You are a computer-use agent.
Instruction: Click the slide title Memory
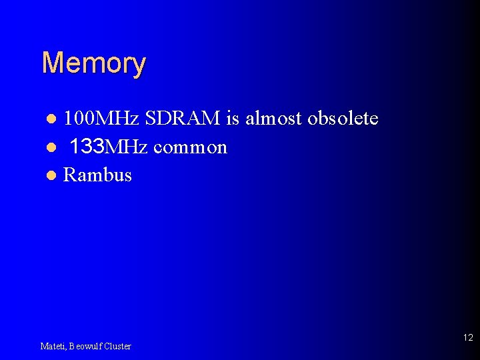(x=93, y=64)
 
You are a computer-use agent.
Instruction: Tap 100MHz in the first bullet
(x=101, y=119)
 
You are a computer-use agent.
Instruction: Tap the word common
(x=190, y=147)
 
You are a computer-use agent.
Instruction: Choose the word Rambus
(x=97, y=175)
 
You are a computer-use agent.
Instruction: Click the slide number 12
(x=467, y=337)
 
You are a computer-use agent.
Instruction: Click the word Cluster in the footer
(x=117, y=346)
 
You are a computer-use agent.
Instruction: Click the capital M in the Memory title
(x=51, y=63)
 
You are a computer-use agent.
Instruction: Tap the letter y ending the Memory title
(x=138, y=66)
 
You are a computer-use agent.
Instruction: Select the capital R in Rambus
(x=69, y=175)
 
